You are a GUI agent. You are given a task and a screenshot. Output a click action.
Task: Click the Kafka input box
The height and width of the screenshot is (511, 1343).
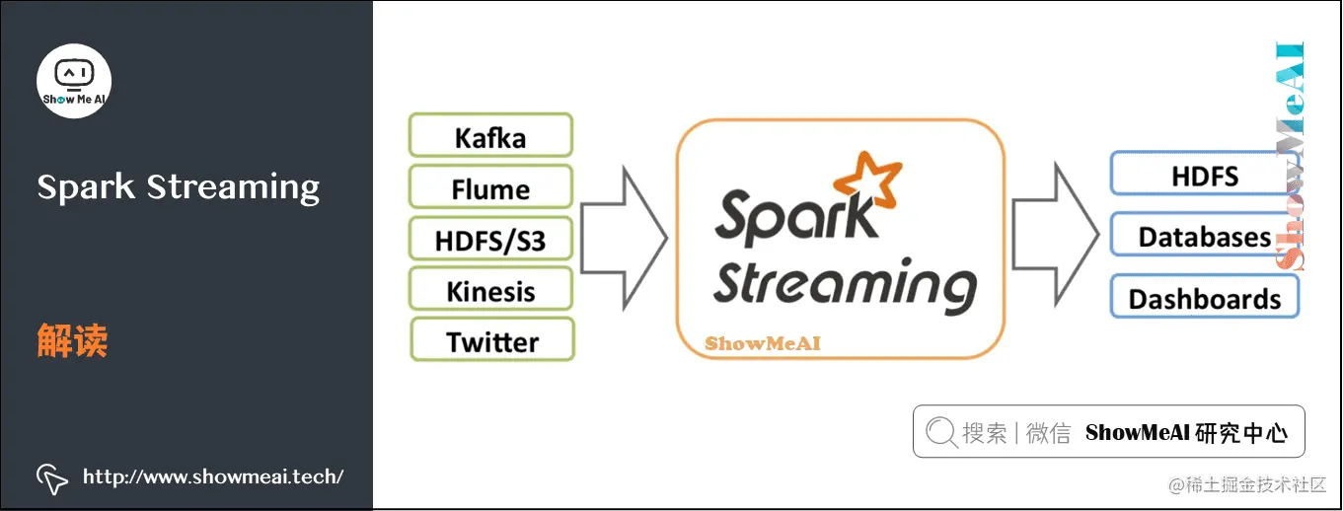coord(490,136)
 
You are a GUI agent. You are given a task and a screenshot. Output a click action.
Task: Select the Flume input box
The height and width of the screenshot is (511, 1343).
coord(490,187)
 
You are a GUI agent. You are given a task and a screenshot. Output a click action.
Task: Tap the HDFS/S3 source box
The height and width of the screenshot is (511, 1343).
coord(490,239)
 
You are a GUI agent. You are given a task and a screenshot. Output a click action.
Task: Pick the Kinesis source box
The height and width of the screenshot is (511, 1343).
coord(490,291)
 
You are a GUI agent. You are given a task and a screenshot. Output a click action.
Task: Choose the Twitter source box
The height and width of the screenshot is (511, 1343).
coord(492,341)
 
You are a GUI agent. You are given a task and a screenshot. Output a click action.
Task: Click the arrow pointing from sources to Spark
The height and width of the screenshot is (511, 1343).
coord(625,237)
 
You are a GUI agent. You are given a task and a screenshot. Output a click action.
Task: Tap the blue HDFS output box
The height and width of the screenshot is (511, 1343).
coord(1204,175)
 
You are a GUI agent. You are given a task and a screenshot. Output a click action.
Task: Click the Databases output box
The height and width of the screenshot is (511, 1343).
coord(1204,237)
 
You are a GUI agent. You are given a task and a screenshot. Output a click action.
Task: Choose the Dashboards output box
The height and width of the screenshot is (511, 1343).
coord(1204,298)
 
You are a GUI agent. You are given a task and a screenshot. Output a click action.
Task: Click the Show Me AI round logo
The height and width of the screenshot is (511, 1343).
coord(74,81)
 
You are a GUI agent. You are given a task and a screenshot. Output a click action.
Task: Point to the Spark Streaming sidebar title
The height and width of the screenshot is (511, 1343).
coord(179,186)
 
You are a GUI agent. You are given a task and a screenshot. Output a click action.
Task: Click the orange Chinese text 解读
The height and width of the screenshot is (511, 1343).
coord(72,341)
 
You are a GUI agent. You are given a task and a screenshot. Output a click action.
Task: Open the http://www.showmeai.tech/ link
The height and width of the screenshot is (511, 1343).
coord(213,477)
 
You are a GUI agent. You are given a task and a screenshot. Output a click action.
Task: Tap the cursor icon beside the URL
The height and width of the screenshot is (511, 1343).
coord(52,478)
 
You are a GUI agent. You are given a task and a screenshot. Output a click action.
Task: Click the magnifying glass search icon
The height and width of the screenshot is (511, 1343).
coord(942,432)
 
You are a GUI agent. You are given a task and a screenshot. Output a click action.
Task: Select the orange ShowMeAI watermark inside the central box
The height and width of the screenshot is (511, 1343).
coord(762,344)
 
